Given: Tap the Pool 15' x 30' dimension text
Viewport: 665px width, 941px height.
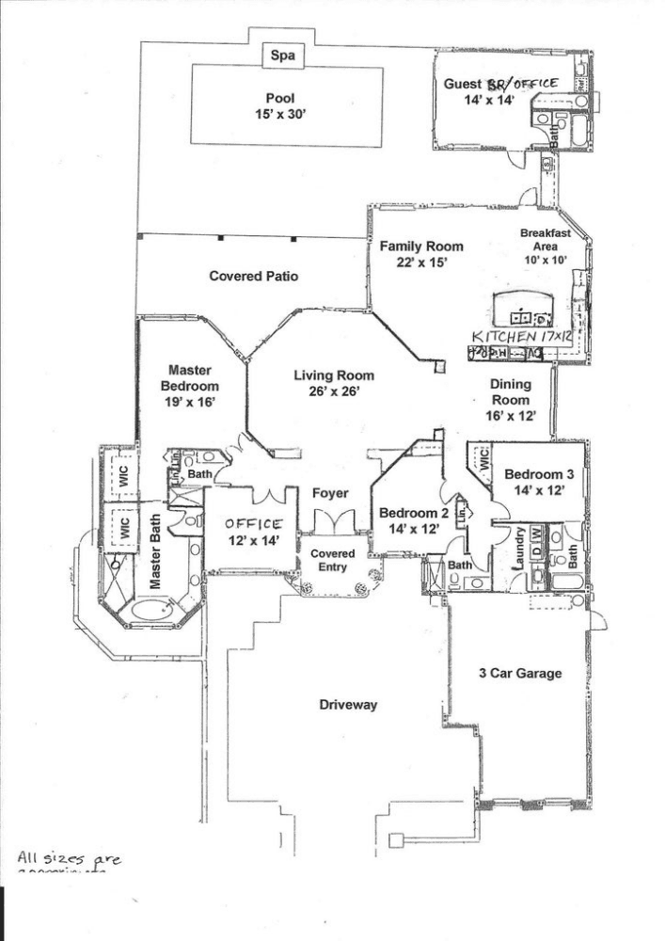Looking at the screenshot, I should point(280,105).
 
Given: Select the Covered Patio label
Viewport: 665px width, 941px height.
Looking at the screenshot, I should point(254,277).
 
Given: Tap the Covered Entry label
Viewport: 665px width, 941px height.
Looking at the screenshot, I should point(332,560).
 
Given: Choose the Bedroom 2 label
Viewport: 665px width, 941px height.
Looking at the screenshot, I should point(413,520).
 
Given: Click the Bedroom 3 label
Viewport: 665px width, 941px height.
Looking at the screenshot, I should point(537,482).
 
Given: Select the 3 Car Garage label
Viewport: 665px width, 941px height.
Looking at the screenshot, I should point(520,673).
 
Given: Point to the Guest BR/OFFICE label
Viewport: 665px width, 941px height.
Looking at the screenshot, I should point(500,90).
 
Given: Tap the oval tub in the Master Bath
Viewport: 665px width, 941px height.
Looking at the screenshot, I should point(154,609).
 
